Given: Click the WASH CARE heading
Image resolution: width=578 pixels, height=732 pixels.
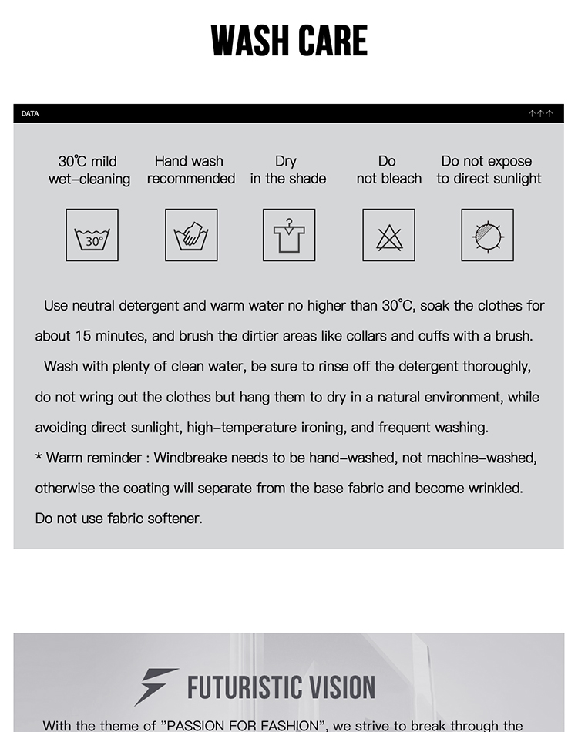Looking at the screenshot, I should pyautogui.click(x=289, y=41).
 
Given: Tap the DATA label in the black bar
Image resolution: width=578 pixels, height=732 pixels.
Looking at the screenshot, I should pyautogui.click(x=30, y=114).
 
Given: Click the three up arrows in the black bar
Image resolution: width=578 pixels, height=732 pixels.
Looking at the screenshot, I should pyautogui.click(x=541, y=114).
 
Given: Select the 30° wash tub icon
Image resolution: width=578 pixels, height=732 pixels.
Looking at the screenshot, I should pyautogui.click(x=92, y=235).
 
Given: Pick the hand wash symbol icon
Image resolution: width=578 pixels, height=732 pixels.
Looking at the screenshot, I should pyautogui.click(x=191, y=235).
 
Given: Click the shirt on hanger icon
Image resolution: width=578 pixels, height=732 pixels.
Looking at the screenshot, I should pyautogui.click(x=289, y=235).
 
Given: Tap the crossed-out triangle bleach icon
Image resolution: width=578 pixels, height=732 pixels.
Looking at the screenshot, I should pyautogui.click(x=389, y=235).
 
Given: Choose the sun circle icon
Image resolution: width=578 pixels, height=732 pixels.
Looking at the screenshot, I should pyautogui.click(x=488, y=235).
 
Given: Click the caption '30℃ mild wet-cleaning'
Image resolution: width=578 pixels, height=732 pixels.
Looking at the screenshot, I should pyautogui.click(x=89, y=170).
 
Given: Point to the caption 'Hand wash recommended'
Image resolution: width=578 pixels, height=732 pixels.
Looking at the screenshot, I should pyautogui.click(x=190, y=170).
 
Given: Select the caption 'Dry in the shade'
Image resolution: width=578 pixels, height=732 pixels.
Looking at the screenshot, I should pyautogui.click(x=287, y=170).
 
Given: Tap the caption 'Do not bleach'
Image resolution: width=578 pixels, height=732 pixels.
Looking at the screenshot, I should pyautogui.click(x=388, y=170).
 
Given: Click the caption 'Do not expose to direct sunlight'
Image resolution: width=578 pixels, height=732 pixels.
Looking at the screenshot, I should pyautogui.click(x=489, y=170).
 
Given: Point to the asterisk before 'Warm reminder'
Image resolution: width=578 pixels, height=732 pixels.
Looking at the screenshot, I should pyautogui.click(x=39, y=458).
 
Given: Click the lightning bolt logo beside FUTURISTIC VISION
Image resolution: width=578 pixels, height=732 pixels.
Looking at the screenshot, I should pyautogui.click(x=156, y=686).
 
